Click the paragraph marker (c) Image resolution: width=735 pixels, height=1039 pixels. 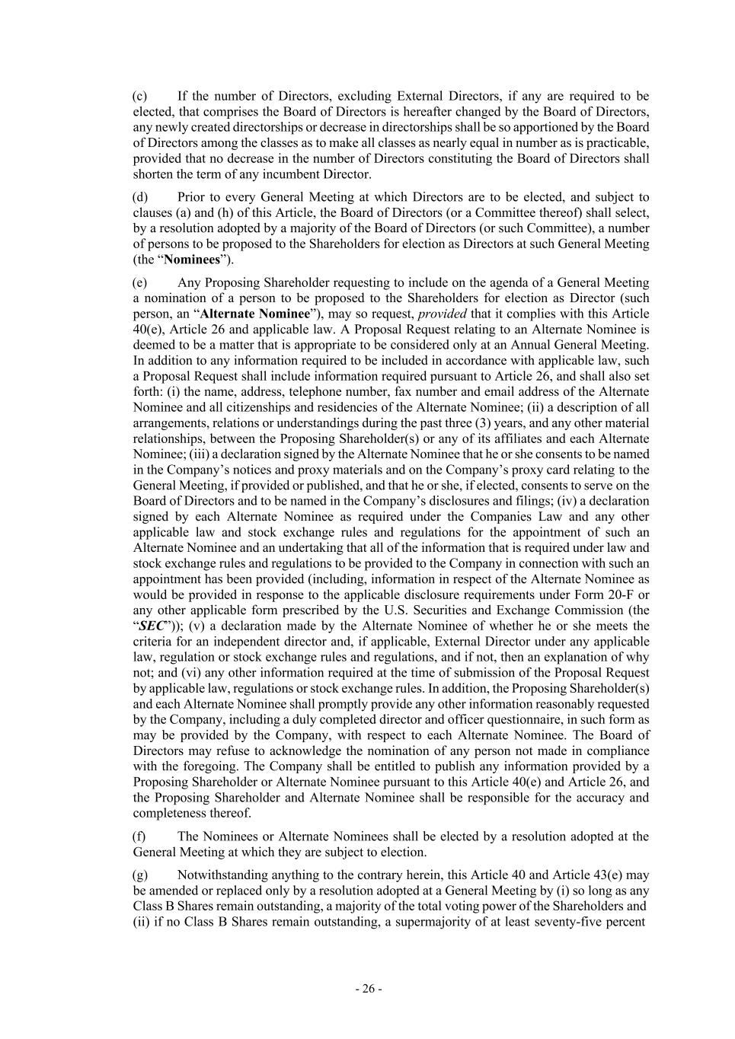(x=139, y=96)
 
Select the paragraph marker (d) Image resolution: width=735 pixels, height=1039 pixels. (x=140, y=197)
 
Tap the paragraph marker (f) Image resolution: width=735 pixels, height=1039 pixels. (x=139, y=837)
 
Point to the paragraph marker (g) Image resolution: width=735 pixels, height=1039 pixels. (x=140, y=875)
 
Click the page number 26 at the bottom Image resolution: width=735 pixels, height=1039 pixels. (x=368, y=989)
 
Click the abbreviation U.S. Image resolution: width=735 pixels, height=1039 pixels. (x=446, y=610)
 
